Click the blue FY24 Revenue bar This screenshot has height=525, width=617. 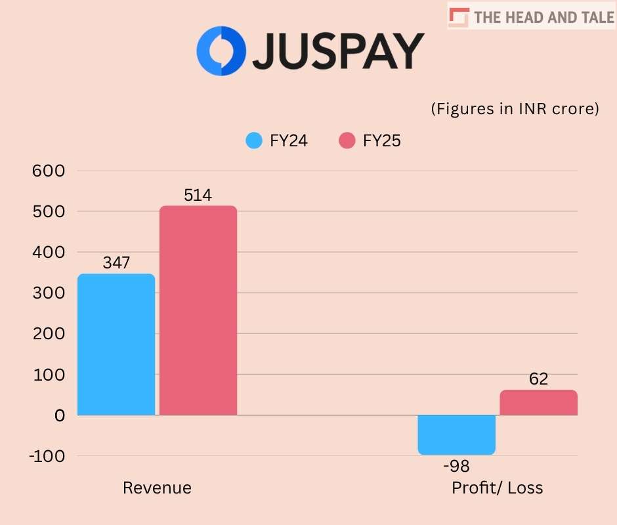click(x=116, y=345)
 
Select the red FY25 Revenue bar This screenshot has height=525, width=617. click(x=198, y=310)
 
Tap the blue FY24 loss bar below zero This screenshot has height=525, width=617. click(x=457, y=434)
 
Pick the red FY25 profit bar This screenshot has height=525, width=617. click(x=538, y=402)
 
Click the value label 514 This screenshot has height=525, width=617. click(x=198, y=195)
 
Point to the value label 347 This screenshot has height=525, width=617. click(x=116, y=263)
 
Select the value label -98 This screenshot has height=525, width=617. click(x=456, y=467)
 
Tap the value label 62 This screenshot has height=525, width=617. click(x=538, y=379)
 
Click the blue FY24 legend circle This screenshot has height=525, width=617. click(x=254, y=141)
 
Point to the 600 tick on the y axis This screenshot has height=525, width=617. click(x=49, y=171)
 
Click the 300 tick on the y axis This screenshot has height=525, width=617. click(x=49, y=293)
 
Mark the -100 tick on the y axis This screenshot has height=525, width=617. click(x=46, y=455)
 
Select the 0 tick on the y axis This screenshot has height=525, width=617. click(x=60, y=415)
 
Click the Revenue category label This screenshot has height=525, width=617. click(x=158, y=488)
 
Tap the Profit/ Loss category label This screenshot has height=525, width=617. click(x=498, y=488)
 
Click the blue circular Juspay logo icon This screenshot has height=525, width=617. click(x=221, y=51)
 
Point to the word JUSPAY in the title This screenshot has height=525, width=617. click(x=339, y=51)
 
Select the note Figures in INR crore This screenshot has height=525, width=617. click(x=515, y=109)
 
